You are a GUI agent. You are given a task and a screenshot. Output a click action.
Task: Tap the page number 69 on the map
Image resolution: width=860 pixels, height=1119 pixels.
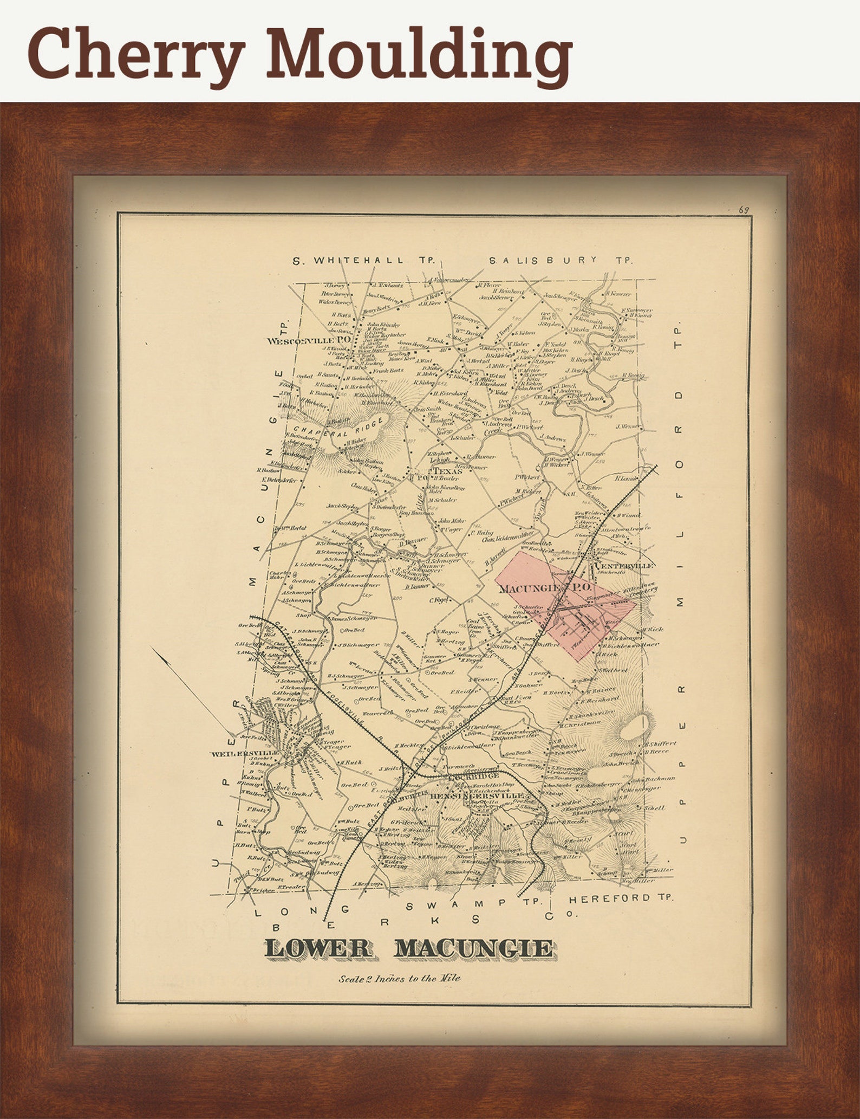(x=743, y=210)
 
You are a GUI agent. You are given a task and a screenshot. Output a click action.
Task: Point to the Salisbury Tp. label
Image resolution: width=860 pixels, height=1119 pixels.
(x=561, y=260)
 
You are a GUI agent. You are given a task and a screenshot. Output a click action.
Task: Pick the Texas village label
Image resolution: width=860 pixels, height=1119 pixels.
(x=446, y=472)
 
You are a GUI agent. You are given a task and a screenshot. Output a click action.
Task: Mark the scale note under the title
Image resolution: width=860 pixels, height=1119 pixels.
(x=400, y=978)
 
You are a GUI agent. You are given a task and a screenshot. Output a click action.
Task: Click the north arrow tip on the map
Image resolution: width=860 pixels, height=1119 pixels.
(x=152, y=648)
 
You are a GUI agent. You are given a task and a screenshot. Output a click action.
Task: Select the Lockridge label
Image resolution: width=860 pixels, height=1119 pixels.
(x=469, y=776)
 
